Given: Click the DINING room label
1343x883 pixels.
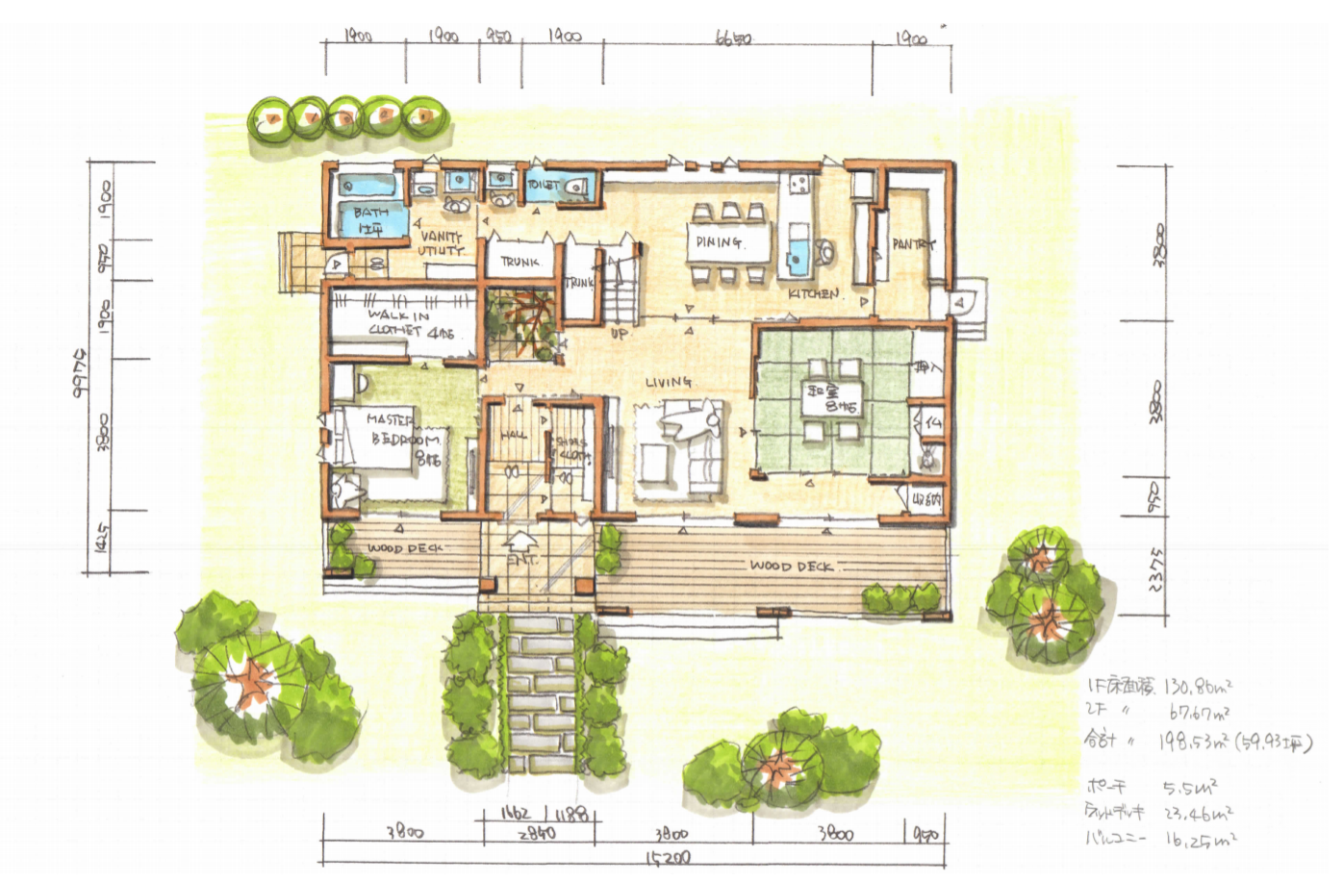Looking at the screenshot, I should (x=719, y=242).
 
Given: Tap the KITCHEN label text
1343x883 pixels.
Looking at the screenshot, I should (x=814, y=292).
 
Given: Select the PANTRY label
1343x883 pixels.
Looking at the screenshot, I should (x=912, y=244).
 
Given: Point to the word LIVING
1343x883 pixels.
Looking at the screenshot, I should (x=669, y=383).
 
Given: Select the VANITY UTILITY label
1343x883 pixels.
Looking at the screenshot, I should (x=441, y=243).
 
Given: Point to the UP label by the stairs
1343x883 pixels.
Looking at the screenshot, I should (x=621, y=333).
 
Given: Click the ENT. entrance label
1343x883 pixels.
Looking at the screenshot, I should (x=522, y=559).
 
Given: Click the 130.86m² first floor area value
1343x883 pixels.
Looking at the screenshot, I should (x=1198, y=688).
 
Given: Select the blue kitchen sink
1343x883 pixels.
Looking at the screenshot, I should (x=800, y=255).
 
